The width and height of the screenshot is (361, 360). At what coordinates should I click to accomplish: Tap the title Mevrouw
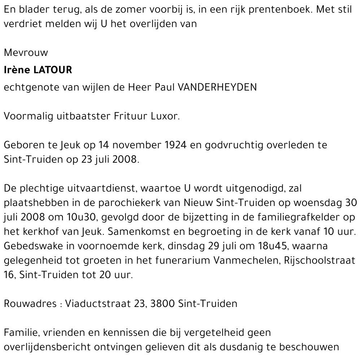(26, 53)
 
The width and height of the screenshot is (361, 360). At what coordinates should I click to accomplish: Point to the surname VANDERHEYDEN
(217, 87)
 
